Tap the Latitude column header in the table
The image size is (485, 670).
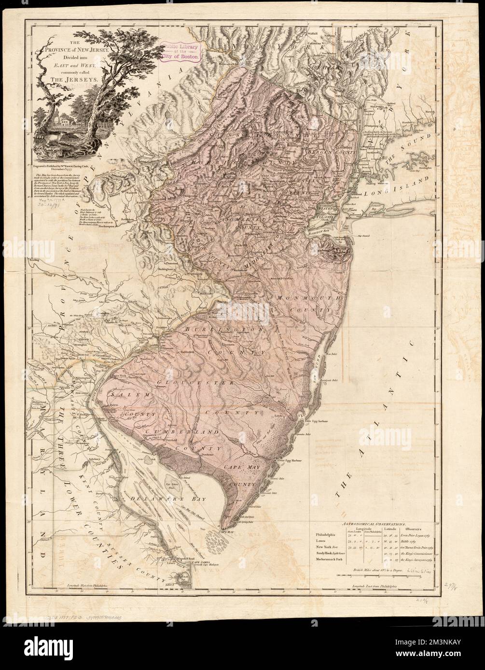pyautogui.click(x=389, y=529)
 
